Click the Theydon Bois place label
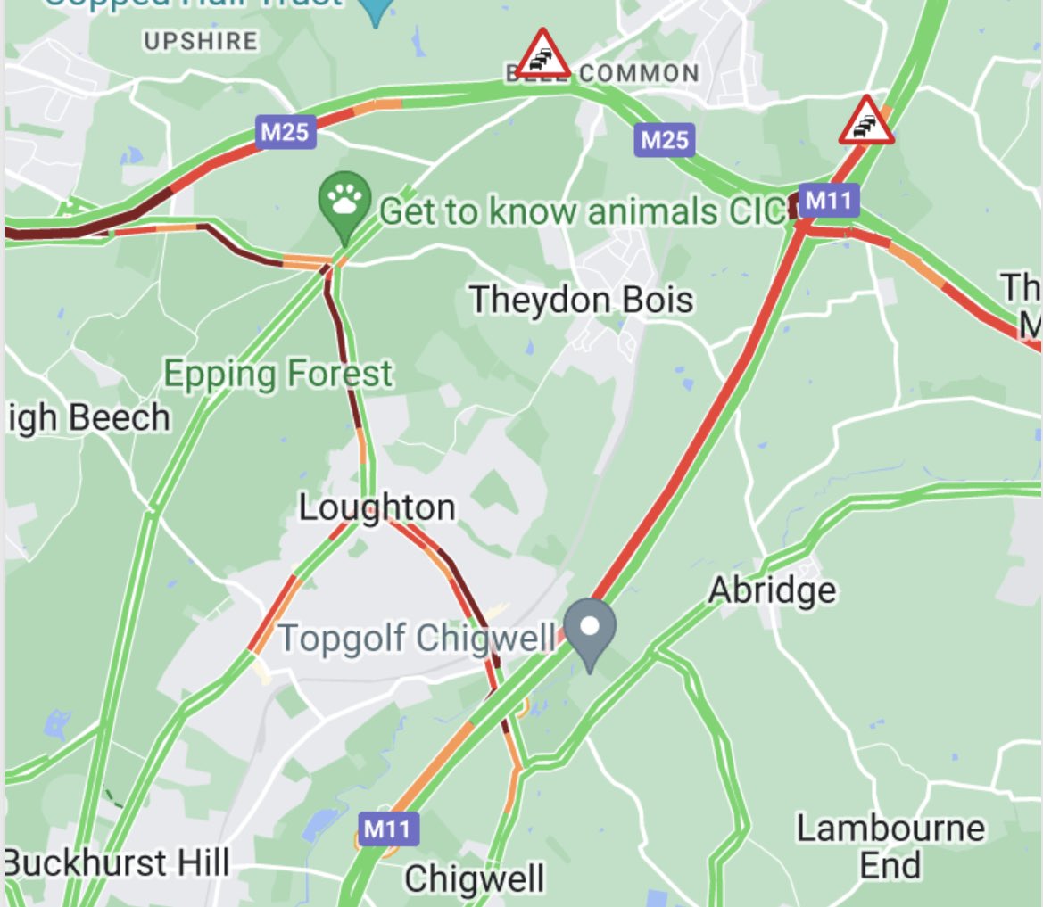click(581, 300)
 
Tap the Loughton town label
click(377, 508)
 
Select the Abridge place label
click(772, 590)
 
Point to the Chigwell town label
click(474, 878)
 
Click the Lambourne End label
click(890, 846)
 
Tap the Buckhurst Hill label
click(117, 863)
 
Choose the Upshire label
click(201, 41)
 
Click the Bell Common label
click(603, 73)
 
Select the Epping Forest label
click(277, 375)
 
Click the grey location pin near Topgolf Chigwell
click(589, 631)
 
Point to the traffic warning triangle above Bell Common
click(542, 54)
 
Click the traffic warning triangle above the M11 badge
click(865, 120)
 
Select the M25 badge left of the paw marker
click(285, 133)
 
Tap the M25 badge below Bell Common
click(665, 139)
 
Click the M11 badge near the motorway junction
click(829, 201)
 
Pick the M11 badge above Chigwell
click(388, 829)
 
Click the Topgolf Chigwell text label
click(416, 639)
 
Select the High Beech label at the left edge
click(87, 417)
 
